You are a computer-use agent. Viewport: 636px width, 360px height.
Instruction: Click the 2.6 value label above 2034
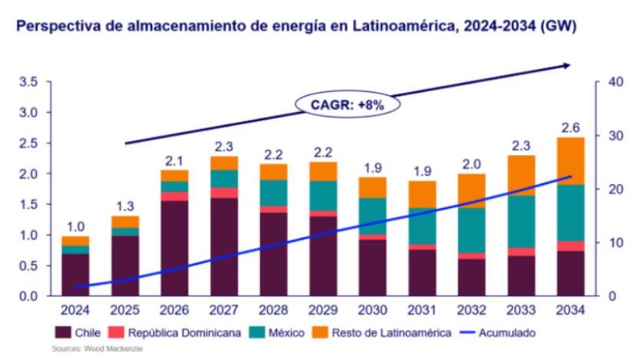(571, 127)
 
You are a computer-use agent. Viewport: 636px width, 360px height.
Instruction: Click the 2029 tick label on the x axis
(323, 310)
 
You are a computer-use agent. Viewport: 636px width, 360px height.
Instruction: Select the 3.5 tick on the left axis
(28, 82)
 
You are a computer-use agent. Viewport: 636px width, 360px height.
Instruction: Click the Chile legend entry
(75, 333)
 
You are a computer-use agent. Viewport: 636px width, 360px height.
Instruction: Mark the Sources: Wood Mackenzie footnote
(97, 349)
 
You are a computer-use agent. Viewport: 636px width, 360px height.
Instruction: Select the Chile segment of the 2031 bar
(423, 272)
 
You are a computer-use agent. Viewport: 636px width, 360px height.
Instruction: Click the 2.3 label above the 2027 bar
(224, 146)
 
